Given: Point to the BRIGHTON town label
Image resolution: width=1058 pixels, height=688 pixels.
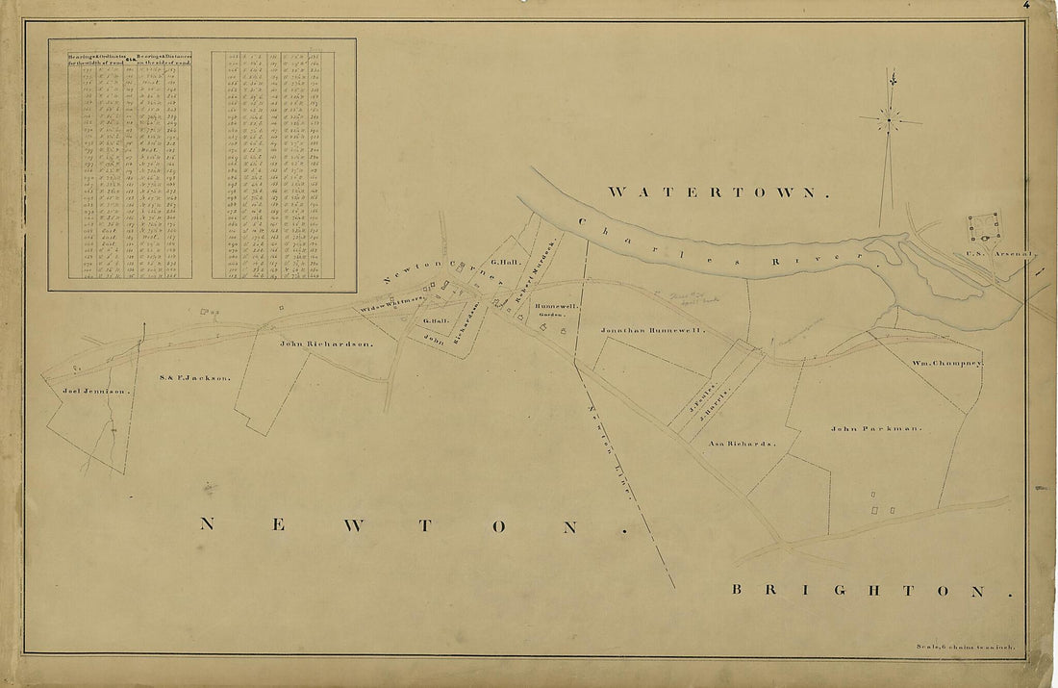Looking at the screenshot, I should click(871, 590).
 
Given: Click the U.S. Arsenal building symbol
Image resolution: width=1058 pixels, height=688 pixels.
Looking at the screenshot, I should click(984, 228).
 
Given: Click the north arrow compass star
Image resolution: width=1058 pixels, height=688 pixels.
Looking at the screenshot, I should click(890, 120).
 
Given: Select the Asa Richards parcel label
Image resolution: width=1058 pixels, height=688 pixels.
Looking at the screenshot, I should click(742, 444).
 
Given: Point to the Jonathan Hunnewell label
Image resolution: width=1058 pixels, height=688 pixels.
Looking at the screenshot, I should click(653, 330).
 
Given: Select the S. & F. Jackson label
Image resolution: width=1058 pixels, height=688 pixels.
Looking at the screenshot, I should click(195, 378).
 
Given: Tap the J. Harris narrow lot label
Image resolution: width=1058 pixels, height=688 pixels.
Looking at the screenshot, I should click(717, 400).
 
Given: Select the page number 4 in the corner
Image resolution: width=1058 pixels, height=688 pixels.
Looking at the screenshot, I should click(1027, 5).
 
